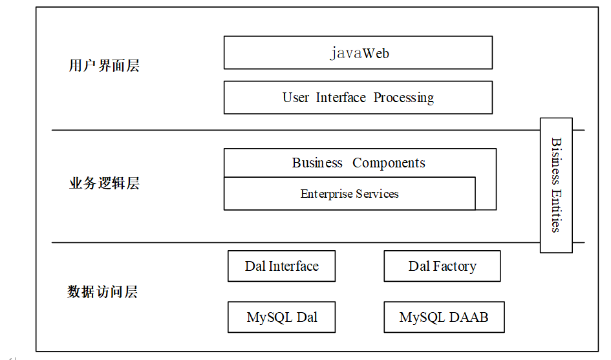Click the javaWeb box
pos(358,52)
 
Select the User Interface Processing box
pos(358,98)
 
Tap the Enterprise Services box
pos(350,194)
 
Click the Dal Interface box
pos(281,266)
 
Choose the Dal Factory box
pos(442,266)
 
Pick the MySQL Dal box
pos(281,317)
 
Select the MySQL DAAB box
pos(444,317)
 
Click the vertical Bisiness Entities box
pos(556,185)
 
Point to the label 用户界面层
pos(104,65)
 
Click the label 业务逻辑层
pos(104,183)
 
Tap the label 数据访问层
pos(103,291)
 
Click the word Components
pos(389,164)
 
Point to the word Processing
pos(403,98)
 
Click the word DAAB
pos(468,317)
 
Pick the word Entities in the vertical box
pos(556,211)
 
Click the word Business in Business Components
pos(317,162)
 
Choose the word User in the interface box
pos(295,98)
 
